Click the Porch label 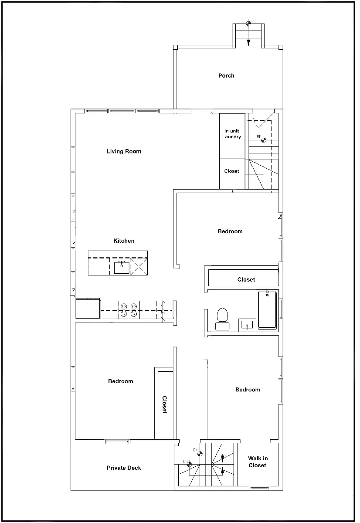(x=226, y=76)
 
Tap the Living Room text (x=124, y=152)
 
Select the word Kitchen (x=124, y=241)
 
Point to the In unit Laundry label (x=232, y=134)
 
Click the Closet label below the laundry (x=231, y=171)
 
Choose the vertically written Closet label (x=165, y=405)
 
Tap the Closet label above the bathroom (x=246, y=279)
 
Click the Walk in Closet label (x=258, y=462)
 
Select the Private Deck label (x=124, y=468)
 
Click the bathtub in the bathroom (x=267, y=310)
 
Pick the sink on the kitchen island (x=122, y=267)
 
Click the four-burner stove (x=129, y=310)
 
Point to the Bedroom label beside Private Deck (x=121, y=381)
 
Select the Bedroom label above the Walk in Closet (x=248, y=390)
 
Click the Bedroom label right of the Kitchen (x=230, y=231)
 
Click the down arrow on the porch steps (x=248, y=42)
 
